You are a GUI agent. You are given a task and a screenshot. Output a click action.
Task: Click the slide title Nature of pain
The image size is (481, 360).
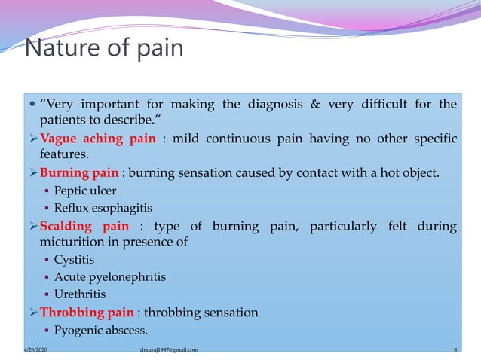(103, 49)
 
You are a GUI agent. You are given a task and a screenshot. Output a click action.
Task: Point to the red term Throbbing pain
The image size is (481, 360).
(87, 312)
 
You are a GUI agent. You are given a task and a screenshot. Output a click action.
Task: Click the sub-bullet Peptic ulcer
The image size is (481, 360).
(85, 191)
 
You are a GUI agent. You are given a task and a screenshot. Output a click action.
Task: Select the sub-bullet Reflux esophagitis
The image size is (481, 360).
(97, 208)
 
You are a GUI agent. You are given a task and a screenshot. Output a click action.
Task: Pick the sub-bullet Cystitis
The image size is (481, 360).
(75, 260)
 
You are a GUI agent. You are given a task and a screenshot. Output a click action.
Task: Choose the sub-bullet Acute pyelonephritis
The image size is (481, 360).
(110, 277)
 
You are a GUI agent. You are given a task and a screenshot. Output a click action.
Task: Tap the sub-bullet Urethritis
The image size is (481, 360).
(80, 294)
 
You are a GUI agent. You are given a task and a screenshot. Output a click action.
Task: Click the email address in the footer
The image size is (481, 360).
(169, 350)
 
